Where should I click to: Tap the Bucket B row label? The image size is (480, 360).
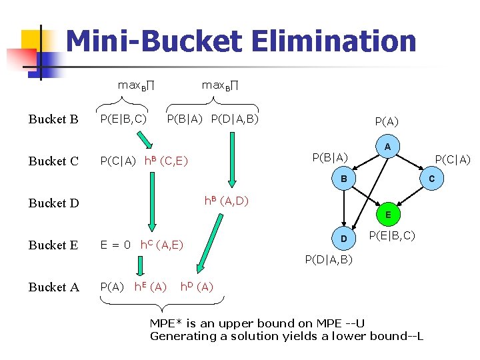53,119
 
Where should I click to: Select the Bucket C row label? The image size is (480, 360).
53,161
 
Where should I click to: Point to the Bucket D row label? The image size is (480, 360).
54,203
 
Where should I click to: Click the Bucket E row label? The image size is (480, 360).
53,245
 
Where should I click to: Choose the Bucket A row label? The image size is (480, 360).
53,287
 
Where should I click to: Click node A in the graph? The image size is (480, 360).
387,147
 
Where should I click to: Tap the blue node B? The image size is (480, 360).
344,179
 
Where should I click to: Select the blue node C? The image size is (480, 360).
431,179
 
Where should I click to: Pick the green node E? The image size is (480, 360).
387,215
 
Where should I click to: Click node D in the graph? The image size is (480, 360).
344,239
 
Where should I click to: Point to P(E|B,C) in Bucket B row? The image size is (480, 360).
123,119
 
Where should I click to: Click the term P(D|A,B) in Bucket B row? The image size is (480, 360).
234,119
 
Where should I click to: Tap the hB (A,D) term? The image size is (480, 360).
226,201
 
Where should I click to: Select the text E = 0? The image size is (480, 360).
115,245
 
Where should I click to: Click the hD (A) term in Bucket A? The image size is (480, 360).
197,287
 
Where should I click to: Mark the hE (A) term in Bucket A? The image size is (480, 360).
150,287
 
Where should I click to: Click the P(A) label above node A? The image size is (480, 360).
387,121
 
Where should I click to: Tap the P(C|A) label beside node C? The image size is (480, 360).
453,159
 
